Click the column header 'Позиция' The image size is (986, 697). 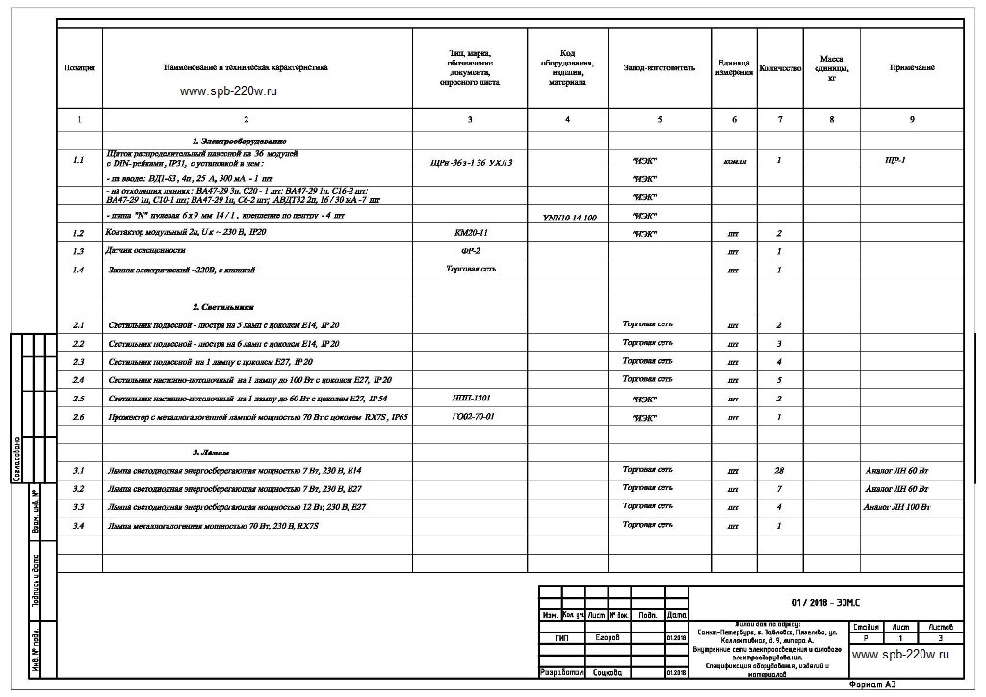pyautogui.click(x=79, y=68)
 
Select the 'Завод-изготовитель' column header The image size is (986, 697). pyautogui.click(x=659, y=68)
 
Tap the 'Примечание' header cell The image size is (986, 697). pyautogui.click(x=911, y=68)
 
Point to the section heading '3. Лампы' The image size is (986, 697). pyautogui.click(x=212, y=452)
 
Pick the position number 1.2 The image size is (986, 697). pyautogui.click(x=79, y=234)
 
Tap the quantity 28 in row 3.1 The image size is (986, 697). pyautogui.click(x=778, y=471)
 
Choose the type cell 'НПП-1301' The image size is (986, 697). pyautogui.click(x=470, y=398)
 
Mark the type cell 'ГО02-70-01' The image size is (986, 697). pyautogui.click(x=470, y=417)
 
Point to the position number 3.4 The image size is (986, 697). pyautogui.click(x=79, y=526)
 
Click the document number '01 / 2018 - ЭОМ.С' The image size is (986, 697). pyautogui.click(x=825, y=603)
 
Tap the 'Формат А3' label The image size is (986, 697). pyautogui.click(x=872, y=685)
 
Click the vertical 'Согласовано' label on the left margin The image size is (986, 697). pyautogui.click(x=17, y=457)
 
